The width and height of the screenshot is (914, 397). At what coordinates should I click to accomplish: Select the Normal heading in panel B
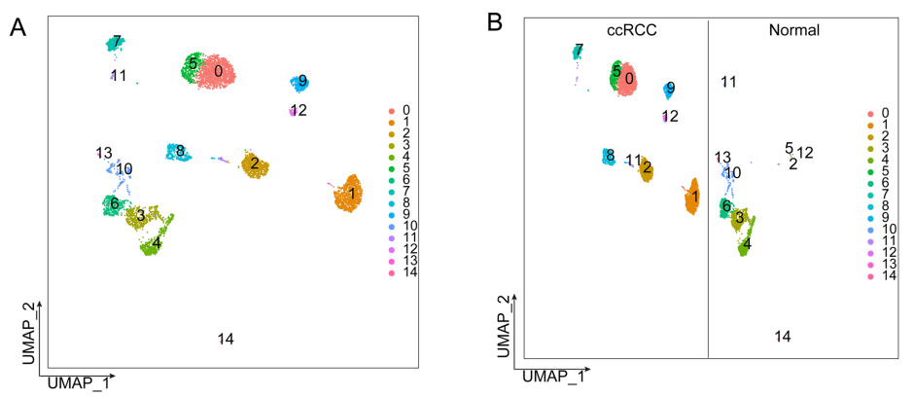click(x=793, y=30)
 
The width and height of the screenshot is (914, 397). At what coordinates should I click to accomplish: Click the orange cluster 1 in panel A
click(x=347, y=194)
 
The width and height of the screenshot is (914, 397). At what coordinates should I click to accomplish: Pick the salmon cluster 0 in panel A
click(x=224, y=71)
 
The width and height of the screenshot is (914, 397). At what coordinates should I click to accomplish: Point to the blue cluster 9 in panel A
click(x=300, y=83)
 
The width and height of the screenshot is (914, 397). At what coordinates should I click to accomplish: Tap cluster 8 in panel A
click(x=180, y=151)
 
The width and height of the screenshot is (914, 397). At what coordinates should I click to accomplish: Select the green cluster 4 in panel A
click(x=152, y=243)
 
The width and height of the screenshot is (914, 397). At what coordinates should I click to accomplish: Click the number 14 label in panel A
click(x=226, y=339)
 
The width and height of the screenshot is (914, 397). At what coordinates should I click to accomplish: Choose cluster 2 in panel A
click(x=256, y=164)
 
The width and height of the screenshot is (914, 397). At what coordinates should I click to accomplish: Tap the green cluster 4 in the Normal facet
click(x=745, y=243)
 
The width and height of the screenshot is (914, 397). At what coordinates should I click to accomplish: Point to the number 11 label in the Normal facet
click(x=728, y=82)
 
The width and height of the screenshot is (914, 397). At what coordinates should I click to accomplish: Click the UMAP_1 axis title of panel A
click(x=73, y=383)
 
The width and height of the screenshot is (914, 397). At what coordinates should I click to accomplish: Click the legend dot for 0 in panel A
click(x=390, y=111)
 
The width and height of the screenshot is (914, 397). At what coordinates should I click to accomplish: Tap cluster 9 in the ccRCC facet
click(x=669, y=90)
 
